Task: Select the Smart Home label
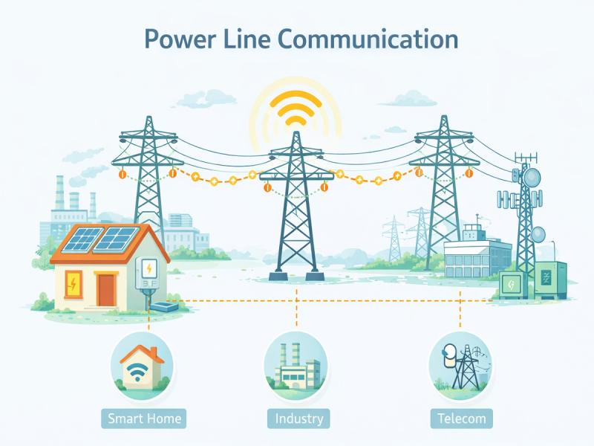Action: [143, 418]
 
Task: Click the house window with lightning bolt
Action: [74, 283]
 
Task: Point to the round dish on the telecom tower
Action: [532, 177]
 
